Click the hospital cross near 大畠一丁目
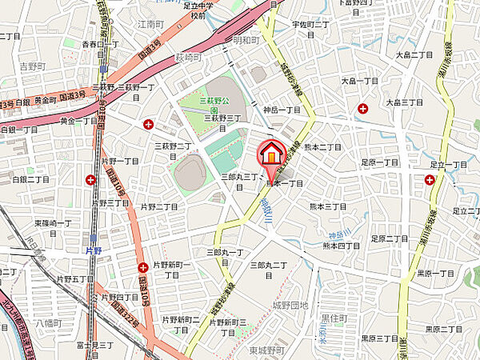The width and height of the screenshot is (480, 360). click(363, 108)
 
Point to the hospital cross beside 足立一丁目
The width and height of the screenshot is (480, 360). click(431, 180)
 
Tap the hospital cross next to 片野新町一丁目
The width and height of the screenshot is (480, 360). click(142, 267)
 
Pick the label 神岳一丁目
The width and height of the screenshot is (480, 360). click(282, 110)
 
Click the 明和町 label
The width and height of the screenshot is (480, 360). click(248, 38)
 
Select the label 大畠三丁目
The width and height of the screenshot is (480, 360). click(404, 102)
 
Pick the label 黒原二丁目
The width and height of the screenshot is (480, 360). click(443, 328)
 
